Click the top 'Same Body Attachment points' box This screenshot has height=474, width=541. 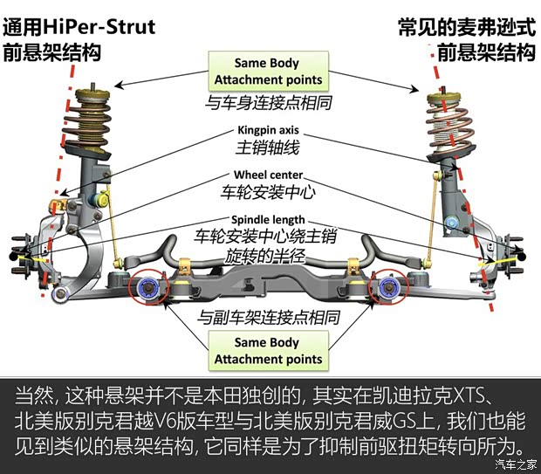pyautogui.click(x=268, y=71)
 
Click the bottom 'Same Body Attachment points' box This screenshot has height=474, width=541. pyautogui.click(x=268, y=350)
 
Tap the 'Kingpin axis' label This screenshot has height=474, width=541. pyautogui.click(x=268, y=130)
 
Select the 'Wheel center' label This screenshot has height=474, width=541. pyautogui.click(x=268, y=175)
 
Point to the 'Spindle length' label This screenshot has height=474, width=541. pyautogui.click(x=268, y=219)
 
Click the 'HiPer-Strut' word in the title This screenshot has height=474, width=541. pyautogui.click(x=109, y=26)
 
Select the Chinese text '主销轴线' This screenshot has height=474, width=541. pyautogui.click(x=268, y=146)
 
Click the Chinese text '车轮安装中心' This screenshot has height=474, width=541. pyautogui.click(x=268, y=191)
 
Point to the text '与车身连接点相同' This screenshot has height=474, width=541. pyautogui.click(x=268, y=102)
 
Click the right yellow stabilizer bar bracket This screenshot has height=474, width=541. pyautogui.click(x=353, y=264)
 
